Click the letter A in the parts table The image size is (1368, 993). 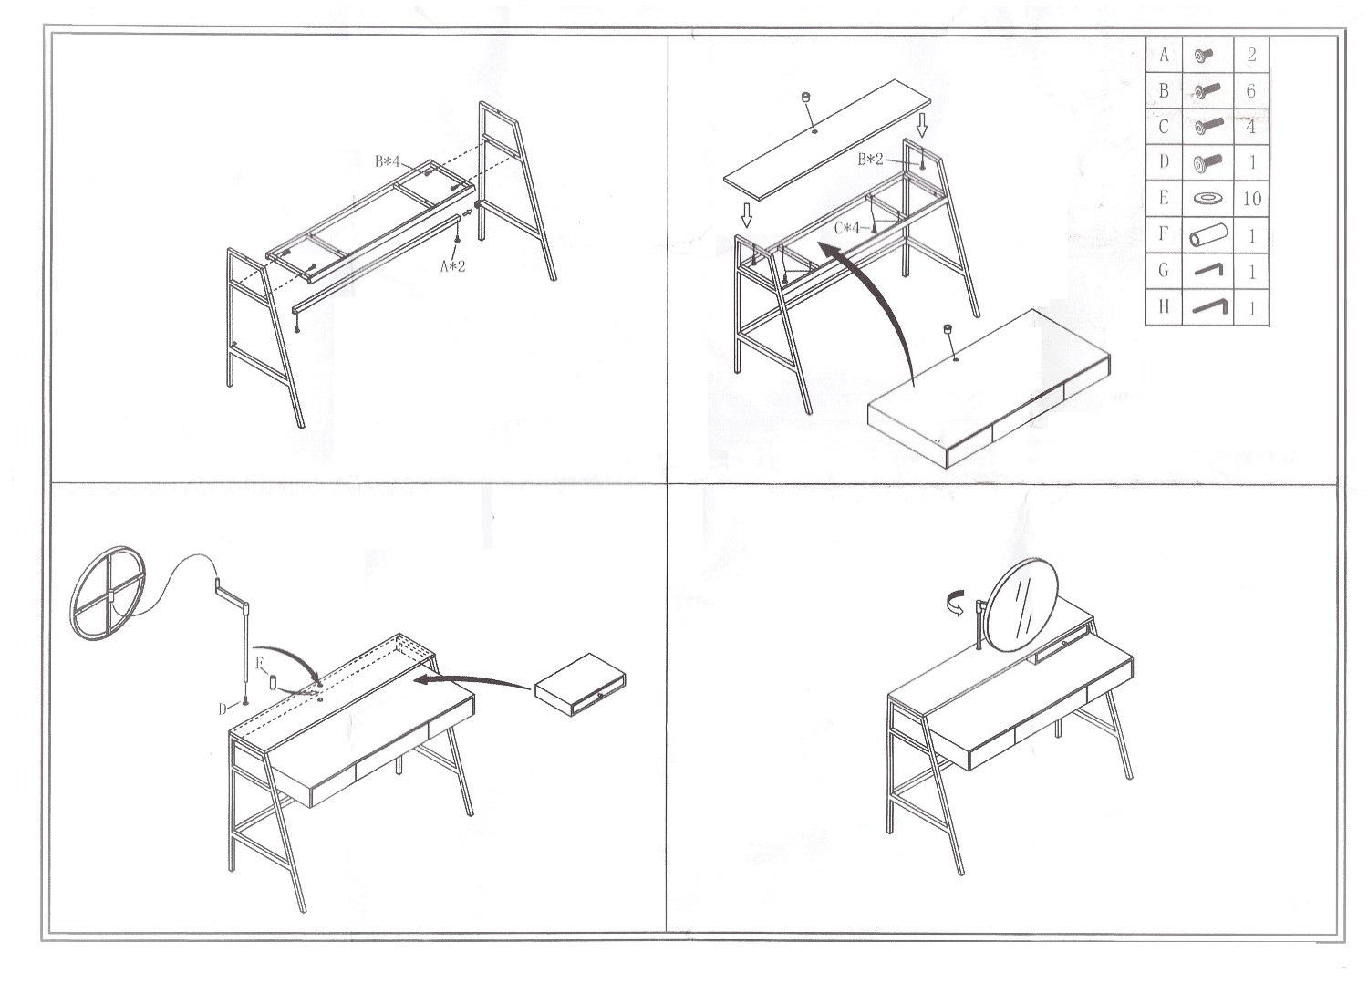coord(1164,55)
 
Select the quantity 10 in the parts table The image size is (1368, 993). coord(1251,199)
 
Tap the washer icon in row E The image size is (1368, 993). coord(1207,198)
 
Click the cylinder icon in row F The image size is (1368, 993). coord(1208,234)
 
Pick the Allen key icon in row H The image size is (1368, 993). coord(1210,306)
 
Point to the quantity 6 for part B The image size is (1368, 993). coord(1250,91)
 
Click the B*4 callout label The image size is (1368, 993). coord(388,161)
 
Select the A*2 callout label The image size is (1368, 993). coord(452,265)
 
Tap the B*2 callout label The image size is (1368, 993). coord(870,160)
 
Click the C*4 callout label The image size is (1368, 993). coord(847,228)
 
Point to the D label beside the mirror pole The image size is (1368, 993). coord(223,709)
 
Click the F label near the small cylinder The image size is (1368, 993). coord(260,663)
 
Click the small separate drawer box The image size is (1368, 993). coord(579,685)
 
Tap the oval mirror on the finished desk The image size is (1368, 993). coord(1021,605)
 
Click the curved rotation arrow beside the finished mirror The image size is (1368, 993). coord(957,602)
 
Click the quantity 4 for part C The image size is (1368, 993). coord(1250,127)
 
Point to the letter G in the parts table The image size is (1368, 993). coord(1164,270)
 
